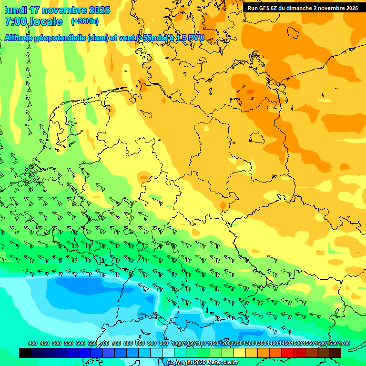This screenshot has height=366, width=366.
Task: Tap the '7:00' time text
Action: (16, 21)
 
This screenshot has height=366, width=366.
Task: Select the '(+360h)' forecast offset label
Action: (85, 21)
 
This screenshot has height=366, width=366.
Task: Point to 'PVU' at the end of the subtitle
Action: (196, 38)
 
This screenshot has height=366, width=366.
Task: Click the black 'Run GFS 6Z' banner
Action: (303, 8)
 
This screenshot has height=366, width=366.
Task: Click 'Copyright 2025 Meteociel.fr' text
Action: (202, 363)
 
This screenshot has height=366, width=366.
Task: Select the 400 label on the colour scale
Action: (33, 344)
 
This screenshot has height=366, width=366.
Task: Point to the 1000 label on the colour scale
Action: (177, 344)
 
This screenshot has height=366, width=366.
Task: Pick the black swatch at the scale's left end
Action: (25, 353)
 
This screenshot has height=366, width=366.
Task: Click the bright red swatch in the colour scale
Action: (287, 353)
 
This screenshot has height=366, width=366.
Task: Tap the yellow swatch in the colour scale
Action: (240, 353)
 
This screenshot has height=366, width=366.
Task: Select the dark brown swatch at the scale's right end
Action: (335, 353)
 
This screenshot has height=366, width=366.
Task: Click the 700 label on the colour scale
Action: (104, 344)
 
